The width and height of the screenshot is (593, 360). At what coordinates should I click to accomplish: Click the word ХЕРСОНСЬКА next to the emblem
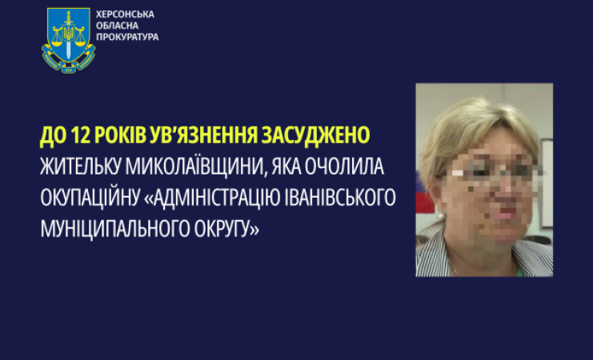[x=125, y=14]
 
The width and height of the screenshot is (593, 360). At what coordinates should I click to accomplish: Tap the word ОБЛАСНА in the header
[x=117, y=26]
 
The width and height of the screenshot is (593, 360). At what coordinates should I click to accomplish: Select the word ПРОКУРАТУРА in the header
[x=127, y=37]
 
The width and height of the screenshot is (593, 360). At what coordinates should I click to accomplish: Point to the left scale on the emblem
[x=57, y=38]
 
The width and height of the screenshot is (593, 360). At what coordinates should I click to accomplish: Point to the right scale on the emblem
[x=80, y=38]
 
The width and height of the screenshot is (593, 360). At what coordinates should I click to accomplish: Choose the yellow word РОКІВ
[x=120, y=135]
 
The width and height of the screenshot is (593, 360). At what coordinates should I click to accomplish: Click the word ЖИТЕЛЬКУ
[x=80, y=166]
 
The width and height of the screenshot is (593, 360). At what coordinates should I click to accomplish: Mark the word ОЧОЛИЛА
[x=344, y=166]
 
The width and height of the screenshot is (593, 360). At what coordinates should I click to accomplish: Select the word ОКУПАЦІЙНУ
[x=90, y=198]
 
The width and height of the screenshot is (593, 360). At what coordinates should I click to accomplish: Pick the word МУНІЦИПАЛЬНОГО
[x=115, y=229]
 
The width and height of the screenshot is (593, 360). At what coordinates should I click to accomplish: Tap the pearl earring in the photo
[x=441, y=215]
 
